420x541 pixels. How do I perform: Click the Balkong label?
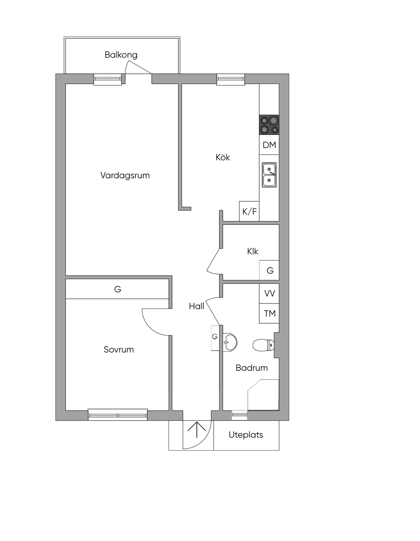click(121, 55)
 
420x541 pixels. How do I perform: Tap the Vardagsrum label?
click(125, 175)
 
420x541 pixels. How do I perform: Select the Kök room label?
click(223, 157)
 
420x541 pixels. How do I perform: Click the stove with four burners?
click(269, 125)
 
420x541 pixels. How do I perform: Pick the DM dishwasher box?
click(269, 145)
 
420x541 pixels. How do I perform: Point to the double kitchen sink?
click(269, 175)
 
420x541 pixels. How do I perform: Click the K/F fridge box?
click(249, 211)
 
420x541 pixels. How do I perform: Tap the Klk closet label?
click(252, 251)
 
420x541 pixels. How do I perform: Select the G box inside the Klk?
click(269, 270)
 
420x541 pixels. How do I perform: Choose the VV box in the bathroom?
click(269, 293)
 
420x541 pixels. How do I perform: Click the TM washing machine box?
click(269, 313)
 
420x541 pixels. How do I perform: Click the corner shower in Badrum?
click(263, 395)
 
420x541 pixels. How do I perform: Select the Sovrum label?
click(119, 349)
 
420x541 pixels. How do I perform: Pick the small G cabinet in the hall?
click(215, 338)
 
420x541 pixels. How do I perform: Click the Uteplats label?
click(246, 435)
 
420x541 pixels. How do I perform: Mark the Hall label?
click(196, 306)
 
